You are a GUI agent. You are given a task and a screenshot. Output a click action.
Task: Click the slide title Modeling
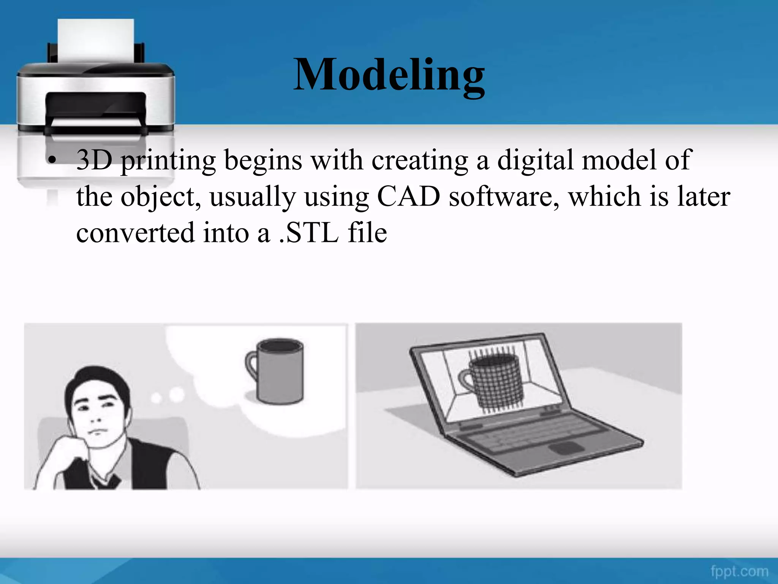point(389,75)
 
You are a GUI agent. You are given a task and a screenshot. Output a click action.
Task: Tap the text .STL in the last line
point(308,233)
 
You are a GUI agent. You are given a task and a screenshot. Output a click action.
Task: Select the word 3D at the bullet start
point(94,160)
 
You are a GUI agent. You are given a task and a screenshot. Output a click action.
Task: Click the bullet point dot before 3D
point(52,161)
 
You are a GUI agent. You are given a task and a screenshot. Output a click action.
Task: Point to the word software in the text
point(504,197)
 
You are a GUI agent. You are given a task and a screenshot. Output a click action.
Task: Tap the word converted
point(135,233)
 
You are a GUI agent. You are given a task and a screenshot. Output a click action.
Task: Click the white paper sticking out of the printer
point(96,40)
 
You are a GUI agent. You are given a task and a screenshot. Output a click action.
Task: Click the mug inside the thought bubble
point(280,372)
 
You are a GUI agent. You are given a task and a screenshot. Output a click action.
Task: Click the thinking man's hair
point(95,380)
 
